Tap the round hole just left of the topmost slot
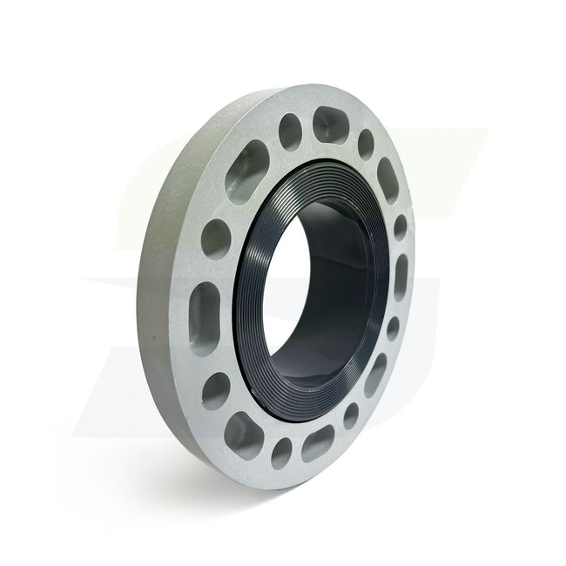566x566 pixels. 290,132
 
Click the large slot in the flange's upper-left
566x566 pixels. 248,162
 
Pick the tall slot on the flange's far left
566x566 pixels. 205,307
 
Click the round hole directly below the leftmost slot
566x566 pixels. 215,390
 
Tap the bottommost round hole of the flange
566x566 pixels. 281,453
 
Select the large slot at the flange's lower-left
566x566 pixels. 242,433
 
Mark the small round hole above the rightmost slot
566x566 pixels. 400,227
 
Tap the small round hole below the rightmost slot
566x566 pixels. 393,328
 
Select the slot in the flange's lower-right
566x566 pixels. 375,374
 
